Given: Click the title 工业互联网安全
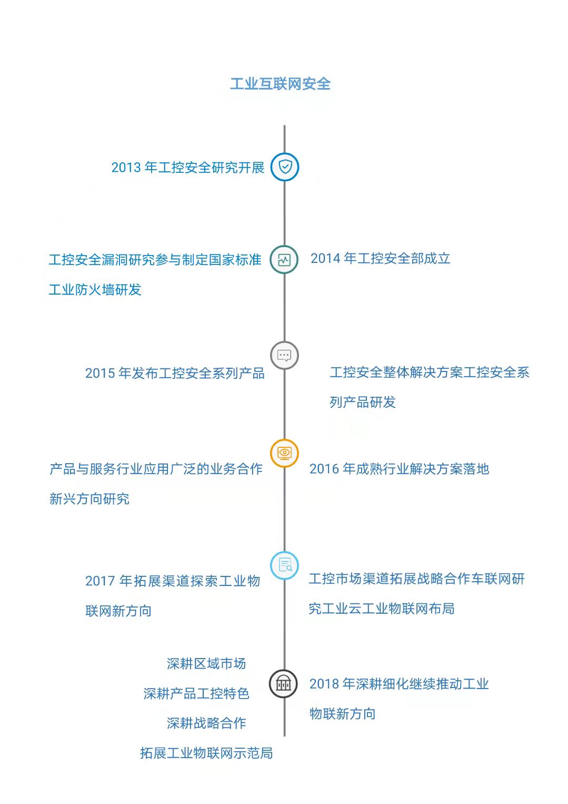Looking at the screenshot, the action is click(x=280, y=84).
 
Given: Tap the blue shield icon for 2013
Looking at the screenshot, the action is click(x=285, y=167).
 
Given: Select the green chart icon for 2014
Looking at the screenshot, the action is click(x=284, y=260).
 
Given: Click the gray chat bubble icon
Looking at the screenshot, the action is click(x=284, y=355).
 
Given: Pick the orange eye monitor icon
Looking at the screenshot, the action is click(x=284, y=453).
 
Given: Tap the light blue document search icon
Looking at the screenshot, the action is click(x=284, y=566).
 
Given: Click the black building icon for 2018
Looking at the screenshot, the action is click(x=283, y=684).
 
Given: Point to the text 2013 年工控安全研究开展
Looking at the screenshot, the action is click(x=188, y=168).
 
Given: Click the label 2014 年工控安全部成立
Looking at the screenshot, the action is click(x=380, y=258).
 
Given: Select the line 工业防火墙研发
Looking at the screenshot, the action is click(x=95, y=290).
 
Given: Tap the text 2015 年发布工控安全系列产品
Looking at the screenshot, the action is click(x=175, y=373).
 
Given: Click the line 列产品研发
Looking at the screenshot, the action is click(x=363, y=402).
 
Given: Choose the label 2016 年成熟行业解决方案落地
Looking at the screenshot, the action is click(x=399, y=469).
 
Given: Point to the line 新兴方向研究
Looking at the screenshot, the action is click(x=89, y=499).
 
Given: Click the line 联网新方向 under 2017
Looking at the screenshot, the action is click(x=118, y=611).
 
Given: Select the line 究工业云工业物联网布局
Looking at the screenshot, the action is click(x=382, y=609).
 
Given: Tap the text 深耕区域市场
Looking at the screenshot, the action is click(x=206, y=664).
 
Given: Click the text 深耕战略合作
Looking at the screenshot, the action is click(x=206, y=723).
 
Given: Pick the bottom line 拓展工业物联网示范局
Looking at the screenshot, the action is click(x=206, y=753).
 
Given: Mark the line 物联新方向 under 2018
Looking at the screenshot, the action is click(x=343, y=714).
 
